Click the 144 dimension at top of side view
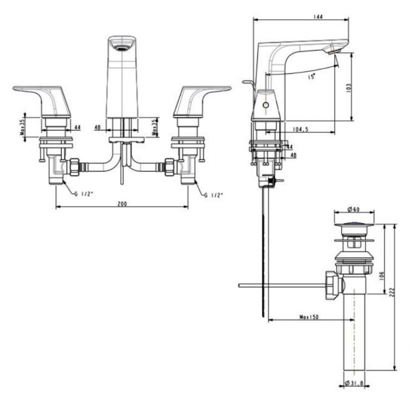(319, 16)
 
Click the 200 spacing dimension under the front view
(122, 204)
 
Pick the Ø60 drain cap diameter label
(354, 209)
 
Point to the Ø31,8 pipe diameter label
(354, 383)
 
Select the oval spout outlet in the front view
(122, 47)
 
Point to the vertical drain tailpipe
(354, 338)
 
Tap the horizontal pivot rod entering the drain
(281, 286)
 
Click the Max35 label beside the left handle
(23, 128)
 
